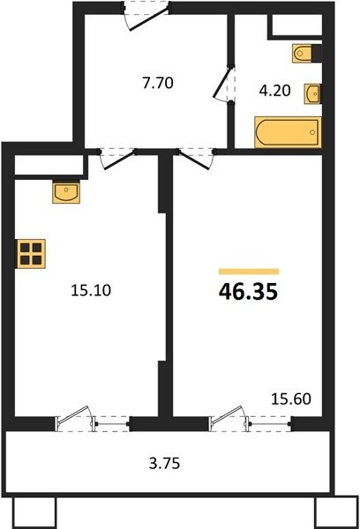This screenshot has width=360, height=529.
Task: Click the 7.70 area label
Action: [x=158, y=83]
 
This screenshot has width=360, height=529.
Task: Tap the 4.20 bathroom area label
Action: [x=275, y=91]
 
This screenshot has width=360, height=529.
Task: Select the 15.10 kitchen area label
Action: [x=91, y=290]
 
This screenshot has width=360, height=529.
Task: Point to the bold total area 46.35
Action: [x=248, y=292]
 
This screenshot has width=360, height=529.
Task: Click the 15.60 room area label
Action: [x=291, y=399]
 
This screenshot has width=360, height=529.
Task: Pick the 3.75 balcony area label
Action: [x=164, y=463]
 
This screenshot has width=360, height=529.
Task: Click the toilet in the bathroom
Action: [x=307, y=53]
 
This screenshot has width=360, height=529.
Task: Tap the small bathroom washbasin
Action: [x=312, y=93]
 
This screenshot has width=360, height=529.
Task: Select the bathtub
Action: [x=288, y=132]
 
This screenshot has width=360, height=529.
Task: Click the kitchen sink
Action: [x=66, y=192]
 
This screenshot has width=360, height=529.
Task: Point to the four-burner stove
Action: [x=31, y=254]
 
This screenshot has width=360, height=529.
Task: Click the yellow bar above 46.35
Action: [x=249, y=272]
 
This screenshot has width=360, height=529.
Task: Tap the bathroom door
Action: [x=223, y=83]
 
